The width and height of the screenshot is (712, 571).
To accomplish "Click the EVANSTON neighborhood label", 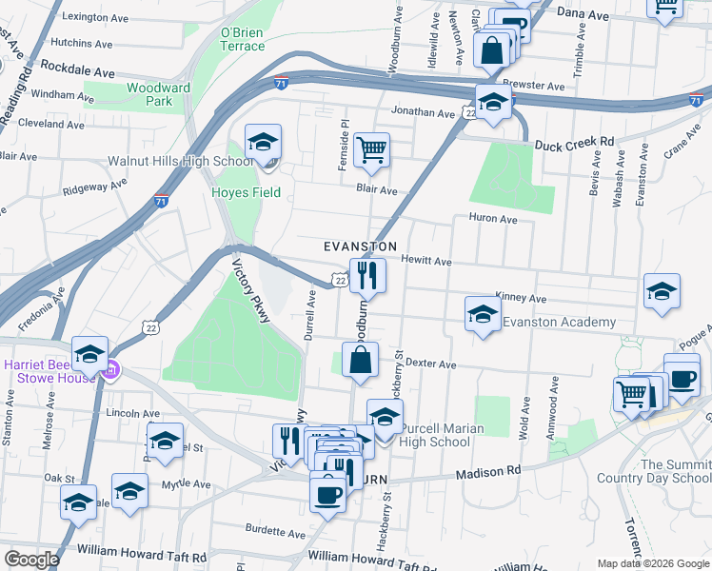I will click(360, 246).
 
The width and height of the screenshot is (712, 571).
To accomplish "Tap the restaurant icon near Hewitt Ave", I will click(366, 275).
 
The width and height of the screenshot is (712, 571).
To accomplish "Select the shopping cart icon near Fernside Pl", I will click(371, 148).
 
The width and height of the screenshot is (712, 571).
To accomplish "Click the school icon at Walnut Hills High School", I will click(263, 143).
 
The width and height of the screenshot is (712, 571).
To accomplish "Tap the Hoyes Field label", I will click(246, 192).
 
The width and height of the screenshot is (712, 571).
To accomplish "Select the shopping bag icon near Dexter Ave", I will click(361, 362).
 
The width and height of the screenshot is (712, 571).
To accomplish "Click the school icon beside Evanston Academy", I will click(483, 314).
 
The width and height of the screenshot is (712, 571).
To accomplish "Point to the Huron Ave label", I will click(493, 219).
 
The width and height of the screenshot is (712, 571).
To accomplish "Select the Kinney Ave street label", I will click(517, 298).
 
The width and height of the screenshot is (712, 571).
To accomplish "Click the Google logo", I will click(31, 559).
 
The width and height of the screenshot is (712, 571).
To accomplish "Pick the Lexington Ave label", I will click(94, 17).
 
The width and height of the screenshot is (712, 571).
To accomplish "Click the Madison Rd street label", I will click(489, 471).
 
